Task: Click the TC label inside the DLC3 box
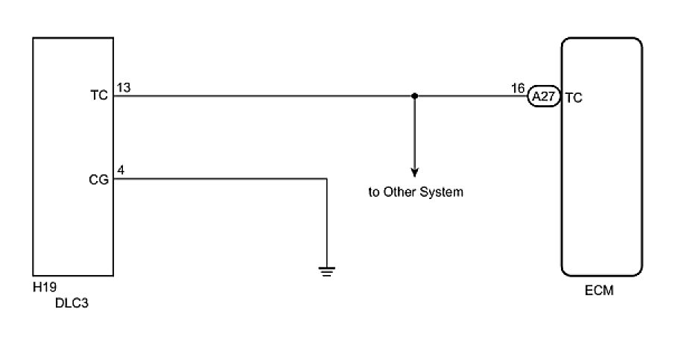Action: point(99,96)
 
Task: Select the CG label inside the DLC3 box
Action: point(99,179)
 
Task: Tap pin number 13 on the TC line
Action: point(124,88)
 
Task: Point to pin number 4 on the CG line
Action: point(121,171)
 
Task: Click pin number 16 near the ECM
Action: point(518,88)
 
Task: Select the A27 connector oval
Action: point(543,97)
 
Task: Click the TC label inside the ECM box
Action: point(574,97)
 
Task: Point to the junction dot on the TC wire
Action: point(414,96)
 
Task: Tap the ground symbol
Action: point(326,271)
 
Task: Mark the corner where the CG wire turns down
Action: point(326,179)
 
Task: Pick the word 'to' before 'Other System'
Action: point(374,192)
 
